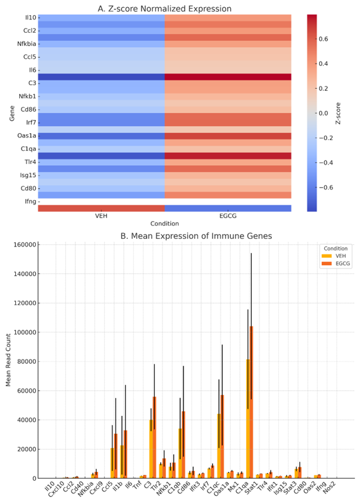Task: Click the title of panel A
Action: point(165,9)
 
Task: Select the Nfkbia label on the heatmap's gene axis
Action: point(25,44)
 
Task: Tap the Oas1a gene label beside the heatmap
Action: point(26,135)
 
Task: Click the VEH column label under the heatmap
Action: point(101,216)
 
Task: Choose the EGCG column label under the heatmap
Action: point(228,216)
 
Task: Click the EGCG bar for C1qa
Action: point(251,402)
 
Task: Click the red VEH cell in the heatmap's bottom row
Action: point(101,208)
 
